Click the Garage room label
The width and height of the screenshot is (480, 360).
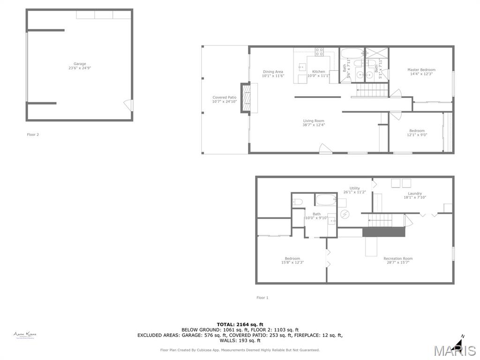80,64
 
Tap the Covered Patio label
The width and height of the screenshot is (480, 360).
225,97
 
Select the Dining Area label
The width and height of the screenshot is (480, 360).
272,72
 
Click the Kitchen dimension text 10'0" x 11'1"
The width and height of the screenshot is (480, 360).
318,76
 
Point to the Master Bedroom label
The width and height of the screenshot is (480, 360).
421,70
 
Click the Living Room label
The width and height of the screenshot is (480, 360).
314,121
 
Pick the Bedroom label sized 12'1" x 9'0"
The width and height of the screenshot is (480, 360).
417,131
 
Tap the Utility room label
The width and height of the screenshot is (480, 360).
354,188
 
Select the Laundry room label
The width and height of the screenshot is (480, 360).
414,194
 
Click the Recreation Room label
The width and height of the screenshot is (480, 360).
398,259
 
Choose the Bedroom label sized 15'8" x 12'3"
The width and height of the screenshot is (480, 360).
292,259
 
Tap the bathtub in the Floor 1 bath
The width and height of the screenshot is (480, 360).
326,200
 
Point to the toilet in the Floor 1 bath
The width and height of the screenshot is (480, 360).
297,202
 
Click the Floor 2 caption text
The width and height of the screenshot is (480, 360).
33,135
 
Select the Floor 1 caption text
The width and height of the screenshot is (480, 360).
262,298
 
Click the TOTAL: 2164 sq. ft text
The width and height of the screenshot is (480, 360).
240,324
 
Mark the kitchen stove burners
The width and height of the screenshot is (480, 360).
319,52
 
